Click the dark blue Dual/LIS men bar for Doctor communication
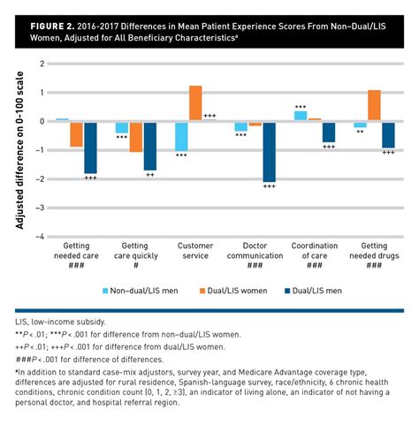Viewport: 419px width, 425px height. pyautogui.click(x=270, y=151)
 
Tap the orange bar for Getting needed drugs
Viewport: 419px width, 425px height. pyautogui.click(x=374, y=105)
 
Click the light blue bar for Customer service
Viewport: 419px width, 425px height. pyautogui.click(x=181, y=135)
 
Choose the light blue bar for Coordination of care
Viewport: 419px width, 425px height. pyautogui.click(x=301, y=115)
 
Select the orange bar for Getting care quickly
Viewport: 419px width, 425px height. pyautogui.click(x=135, y=136)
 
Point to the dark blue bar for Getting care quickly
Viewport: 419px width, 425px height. pyautogui.click(x=150, y=145)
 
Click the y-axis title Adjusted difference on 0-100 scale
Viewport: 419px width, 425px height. pyautogui.click(x=19, y=150)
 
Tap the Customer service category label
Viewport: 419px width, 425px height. pyautogui.click(x=195, y=250)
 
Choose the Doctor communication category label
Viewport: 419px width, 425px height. pyautogui.click(x=255, y=250)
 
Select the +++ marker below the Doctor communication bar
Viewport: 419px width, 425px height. pyautogui.click(x=270, y=186)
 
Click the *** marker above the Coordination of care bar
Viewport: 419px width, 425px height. pyautogui.click(x=301, y=106)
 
